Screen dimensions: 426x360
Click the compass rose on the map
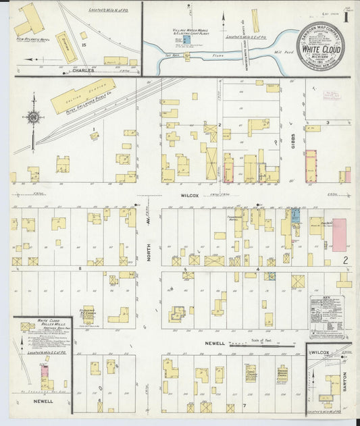pos(32,117)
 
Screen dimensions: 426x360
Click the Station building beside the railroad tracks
pos(66,47)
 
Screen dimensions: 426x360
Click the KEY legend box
pos(326,315)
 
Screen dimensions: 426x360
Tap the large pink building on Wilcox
pos(338,235)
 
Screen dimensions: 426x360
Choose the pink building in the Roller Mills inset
pos(45,370)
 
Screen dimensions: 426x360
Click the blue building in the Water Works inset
pos(186,40)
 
